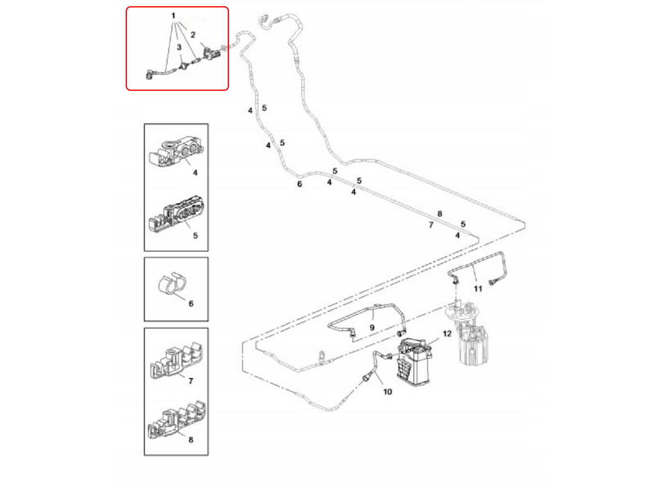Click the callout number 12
click(447, 334)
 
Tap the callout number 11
click(478, 289)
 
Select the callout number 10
click(387, 392)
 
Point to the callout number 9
click(372, 328)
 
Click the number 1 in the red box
click(173, 16)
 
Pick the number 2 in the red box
click(193, 34)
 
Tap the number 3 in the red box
click(179, 47)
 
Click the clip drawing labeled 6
click(171, 285)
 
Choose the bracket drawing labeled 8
click(176, 421)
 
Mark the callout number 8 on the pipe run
click(440, 214)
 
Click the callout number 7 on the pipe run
click(431, 225)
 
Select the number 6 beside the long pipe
click(300, 184)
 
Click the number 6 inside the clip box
click(191, 304)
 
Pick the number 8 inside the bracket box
click(191, 440)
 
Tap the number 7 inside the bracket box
click(191, 381)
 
